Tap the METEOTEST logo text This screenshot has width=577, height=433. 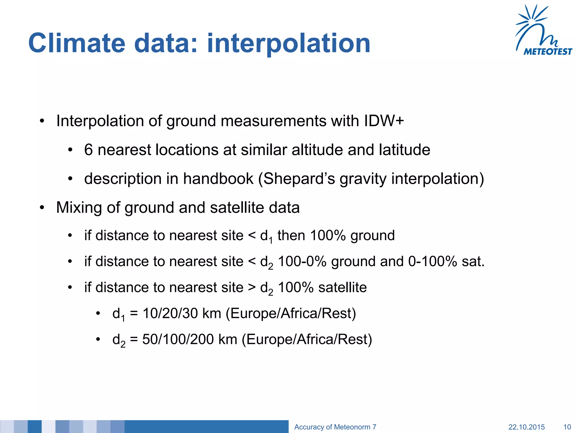click(x=547, y=52)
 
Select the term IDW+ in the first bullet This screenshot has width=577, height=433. click(x=384, y=121)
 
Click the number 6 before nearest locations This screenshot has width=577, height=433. click(x=88, y=150)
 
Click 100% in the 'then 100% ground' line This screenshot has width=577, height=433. click(x=328, y=235)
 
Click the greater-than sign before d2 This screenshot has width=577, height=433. click(x=252, y=288)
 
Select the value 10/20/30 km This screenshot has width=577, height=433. click(x=182, y=313)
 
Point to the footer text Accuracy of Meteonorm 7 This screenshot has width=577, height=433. click(x=335, y=427)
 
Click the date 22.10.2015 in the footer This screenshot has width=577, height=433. click(x=526, y=427)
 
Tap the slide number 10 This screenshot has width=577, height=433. click(x=567, y=427)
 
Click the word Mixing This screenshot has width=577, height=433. click(x=79, y=208)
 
